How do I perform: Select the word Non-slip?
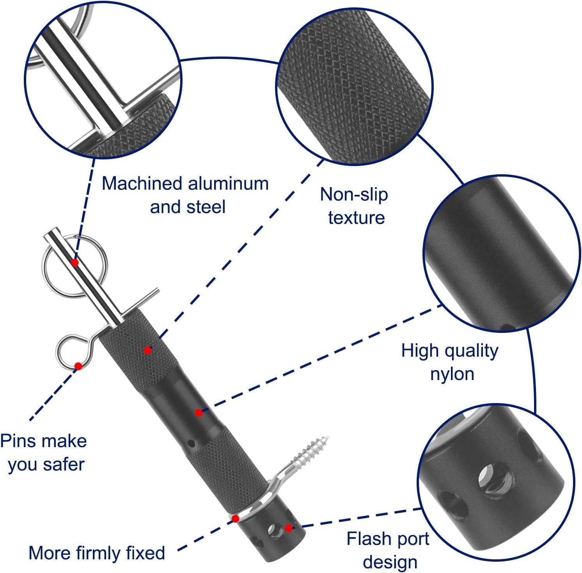tap(354, 195)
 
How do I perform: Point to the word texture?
tap(356, 218)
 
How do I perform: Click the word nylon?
tap(452, 374)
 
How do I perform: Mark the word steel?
tap(206, 207)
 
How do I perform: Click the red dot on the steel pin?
tap(75, 262)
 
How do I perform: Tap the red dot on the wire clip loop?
tap(78, 366)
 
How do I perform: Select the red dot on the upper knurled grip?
tap(147, 350)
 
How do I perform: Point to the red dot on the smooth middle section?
tap(199, 412)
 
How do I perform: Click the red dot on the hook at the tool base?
tap(235, 518)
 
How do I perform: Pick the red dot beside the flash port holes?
tap(288, 528)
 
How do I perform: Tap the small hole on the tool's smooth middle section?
tap(191, 443)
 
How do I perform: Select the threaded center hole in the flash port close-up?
tap(491, 477)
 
